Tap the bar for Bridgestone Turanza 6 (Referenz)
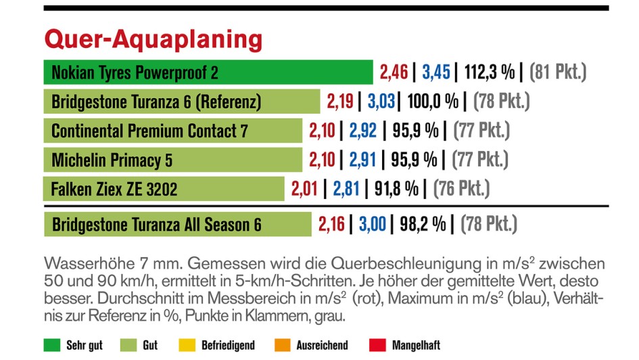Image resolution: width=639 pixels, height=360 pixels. (182, 102)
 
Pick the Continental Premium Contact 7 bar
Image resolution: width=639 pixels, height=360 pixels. (173, 131)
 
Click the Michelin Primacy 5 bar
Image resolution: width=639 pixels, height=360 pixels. (173, 160)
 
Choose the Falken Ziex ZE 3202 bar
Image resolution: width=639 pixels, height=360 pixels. (164, 188)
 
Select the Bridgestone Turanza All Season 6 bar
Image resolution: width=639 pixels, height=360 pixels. (178, 224)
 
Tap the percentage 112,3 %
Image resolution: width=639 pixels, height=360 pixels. (490, 72)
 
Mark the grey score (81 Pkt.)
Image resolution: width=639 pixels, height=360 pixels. (558, 72)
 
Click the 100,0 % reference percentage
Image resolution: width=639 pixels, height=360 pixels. (433, 102)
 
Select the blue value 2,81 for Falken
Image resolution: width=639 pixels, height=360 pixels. (346, 188)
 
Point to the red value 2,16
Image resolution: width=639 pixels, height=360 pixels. (331, 224)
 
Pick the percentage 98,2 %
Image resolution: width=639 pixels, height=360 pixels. (421, 224)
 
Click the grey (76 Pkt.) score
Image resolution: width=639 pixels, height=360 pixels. (462, 188)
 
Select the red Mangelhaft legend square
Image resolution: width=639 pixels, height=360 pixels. (377, 345)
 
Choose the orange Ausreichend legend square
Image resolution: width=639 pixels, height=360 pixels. (282, 345)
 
